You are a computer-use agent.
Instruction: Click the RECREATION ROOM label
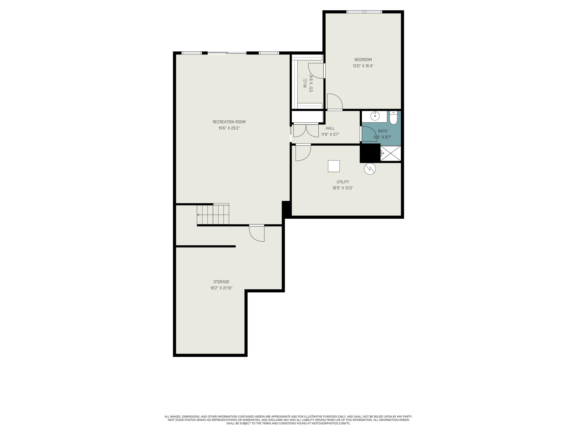point(229,122)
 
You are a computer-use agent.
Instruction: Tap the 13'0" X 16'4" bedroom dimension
point(363,66)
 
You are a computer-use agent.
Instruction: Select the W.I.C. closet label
point(305,83)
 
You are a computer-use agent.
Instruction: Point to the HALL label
point(330,128)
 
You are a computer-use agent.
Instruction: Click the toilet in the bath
point(393,118)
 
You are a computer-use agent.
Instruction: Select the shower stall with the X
point(390,153)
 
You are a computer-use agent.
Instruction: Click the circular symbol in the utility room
point(370,169)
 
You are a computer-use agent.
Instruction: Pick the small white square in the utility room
point(334,166)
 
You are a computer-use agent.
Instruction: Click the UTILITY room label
point(343,182)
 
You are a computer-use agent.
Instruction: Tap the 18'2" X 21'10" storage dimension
point(221,288)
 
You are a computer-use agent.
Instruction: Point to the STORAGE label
point(221,282)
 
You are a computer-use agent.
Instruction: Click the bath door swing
point(368,134)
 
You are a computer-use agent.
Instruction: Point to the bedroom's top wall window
point(364,12)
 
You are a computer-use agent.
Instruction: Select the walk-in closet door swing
point(316,70)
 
